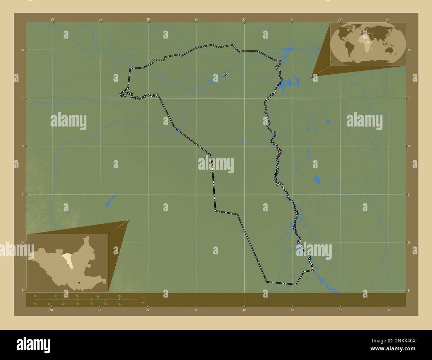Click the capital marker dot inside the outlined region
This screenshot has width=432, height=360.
point(225,74)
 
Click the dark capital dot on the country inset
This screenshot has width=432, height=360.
point(79,283)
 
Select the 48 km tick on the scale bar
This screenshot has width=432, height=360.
point(77,296)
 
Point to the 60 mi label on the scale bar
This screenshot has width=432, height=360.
point(120,304)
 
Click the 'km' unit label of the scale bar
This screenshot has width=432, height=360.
point(143,297)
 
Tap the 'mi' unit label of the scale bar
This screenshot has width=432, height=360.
point(143,303)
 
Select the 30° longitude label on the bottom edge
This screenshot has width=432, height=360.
point(244,310)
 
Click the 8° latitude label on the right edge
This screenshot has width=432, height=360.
point(409,194)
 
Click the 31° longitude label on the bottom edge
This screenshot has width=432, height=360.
point(340,310)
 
